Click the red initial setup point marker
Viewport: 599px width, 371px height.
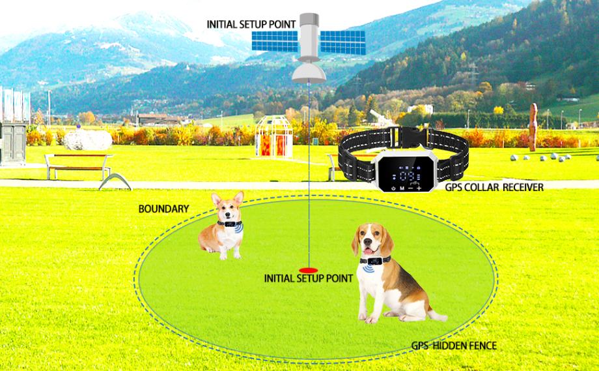coord(308,269)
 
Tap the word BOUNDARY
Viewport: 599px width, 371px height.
coord(163,209)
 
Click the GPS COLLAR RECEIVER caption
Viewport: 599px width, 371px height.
coord(494,187)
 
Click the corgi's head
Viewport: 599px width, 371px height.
coord(229,207)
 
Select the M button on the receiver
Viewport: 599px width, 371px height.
coord(403,188)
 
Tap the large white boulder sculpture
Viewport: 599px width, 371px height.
coord(87,138)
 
